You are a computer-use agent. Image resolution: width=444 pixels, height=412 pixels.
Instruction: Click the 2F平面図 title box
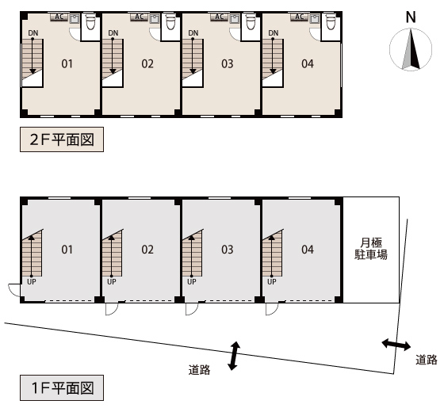(62, 139)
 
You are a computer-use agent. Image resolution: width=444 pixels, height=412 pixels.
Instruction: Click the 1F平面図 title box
(62, 388)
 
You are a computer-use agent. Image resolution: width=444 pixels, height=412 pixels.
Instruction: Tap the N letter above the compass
(411, 17)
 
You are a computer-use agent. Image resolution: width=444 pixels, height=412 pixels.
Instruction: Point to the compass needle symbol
(411, 49)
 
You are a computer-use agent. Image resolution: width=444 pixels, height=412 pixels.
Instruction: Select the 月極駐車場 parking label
(371, 249)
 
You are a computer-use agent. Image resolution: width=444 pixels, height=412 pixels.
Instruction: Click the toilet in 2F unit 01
(90, 22)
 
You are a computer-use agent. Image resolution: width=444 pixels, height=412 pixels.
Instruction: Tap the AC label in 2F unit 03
(219, 17)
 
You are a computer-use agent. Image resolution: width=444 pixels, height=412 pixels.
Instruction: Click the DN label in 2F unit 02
(113, 33)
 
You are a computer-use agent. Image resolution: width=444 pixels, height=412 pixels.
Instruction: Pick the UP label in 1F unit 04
(271, 282)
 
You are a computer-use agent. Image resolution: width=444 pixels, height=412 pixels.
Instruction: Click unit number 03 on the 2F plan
(228, 64)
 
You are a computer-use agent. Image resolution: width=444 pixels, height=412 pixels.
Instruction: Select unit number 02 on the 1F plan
(147, 250)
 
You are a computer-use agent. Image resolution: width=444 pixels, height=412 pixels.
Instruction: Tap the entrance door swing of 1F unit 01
(14, 290)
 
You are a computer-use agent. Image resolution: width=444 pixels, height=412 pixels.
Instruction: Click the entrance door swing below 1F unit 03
(192, 309)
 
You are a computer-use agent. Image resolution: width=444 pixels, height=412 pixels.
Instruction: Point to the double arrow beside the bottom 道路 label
(234, 356)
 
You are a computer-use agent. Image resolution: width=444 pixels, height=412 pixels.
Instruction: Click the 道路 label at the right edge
(427, 360)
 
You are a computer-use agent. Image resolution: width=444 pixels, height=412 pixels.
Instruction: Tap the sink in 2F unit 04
(315, 19)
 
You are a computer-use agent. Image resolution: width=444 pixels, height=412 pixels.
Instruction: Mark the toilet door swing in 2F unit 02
(155, 35)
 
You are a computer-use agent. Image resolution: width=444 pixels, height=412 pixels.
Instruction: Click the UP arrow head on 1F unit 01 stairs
(32, 237)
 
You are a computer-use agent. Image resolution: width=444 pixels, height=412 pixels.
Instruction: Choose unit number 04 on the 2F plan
(308, 64)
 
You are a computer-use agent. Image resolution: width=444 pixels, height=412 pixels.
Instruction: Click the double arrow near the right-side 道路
(396, 345)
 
